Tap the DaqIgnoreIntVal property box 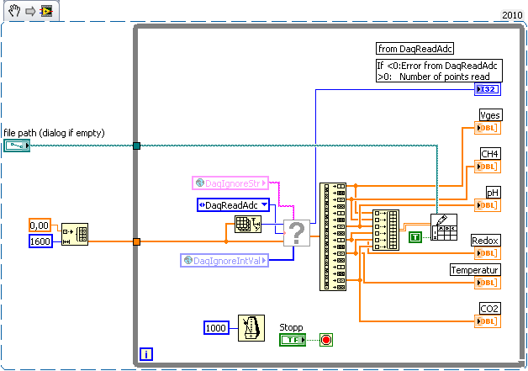pyautogui.click(x=225, y=261)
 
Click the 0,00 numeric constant pyautogui.click(x=40, y=225)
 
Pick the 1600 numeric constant pyautogui.click(x=40, y=241)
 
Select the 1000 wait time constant pyautogui.click(x=217, y=327)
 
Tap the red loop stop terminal pyautogui.click(x=326, y=340)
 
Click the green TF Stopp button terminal pyautogui.click(x=293, y=340)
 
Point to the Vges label pyautogui.click(x=489, y=114)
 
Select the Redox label pyautogui.click(x=485, y=241)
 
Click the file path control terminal pyautogui.click(x=16, y=146)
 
